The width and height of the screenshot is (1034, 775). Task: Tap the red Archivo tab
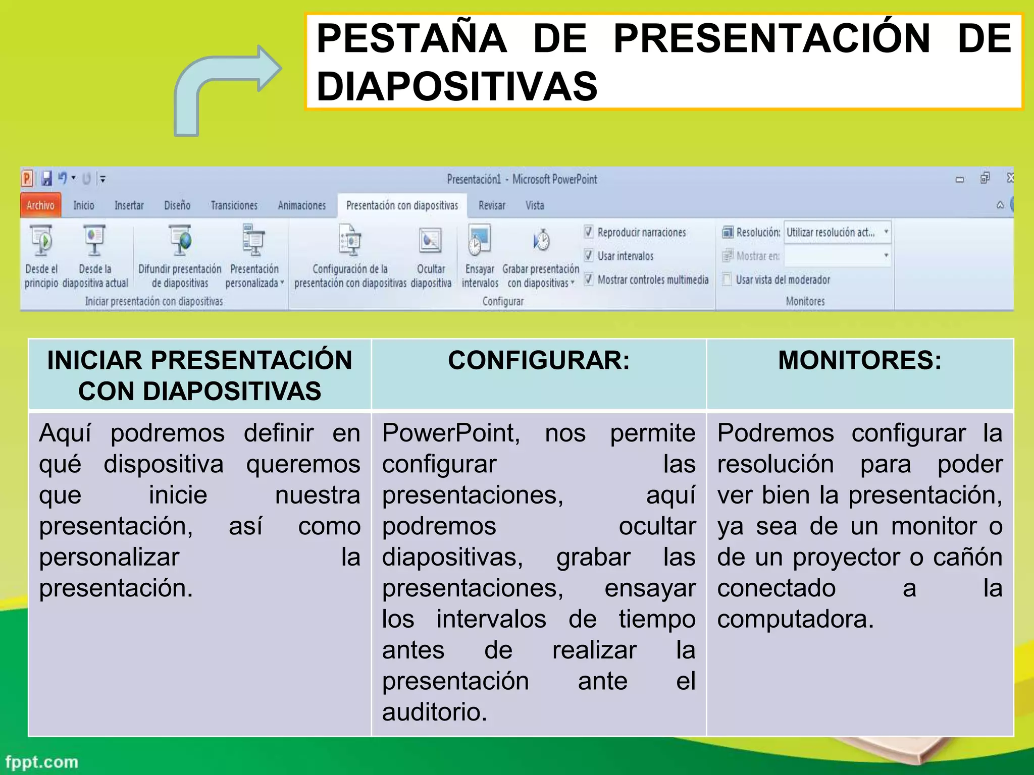(40, 205)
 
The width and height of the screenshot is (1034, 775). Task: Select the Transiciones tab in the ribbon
(234, 205)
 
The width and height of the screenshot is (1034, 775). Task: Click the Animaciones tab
(301, 205)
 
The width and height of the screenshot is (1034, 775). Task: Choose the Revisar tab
(491, 205)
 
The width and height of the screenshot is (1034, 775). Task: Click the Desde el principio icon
(41, 241)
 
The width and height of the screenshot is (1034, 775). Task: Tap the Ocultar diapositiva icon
(430, 241)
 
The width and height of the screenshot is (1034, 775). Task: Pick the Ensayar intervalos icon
(479, 241)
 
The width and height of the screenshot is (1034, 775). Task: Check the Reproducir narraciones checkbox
(589, 232)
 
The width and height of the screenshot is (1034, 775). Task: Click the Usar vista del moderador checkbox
(727, 279)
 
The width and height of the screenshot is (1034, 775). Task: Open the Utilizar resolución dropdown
(886, 232)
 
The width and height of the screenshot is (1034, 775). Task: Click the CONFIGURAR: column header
(539, 361)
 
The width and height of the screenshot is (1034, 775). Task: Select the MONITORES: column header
(859, 361)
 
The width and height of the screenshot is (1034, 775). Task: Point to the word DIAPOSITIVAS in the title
(457, 86)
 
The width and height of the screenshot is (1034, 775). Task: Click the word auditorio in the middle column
(434, 712)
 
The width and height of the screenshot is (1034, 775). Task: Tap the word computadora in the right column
(795, 619)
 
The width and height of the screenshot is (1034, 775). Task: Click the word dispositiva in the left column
(164, 464)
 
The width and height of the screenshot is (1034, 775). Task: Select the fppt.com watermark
(42, 761)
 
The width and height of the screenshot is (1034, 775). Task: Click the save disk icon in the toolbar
(46, 179)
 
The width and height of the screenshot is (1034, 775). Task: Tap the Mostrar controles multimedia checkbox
(589, 279)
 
